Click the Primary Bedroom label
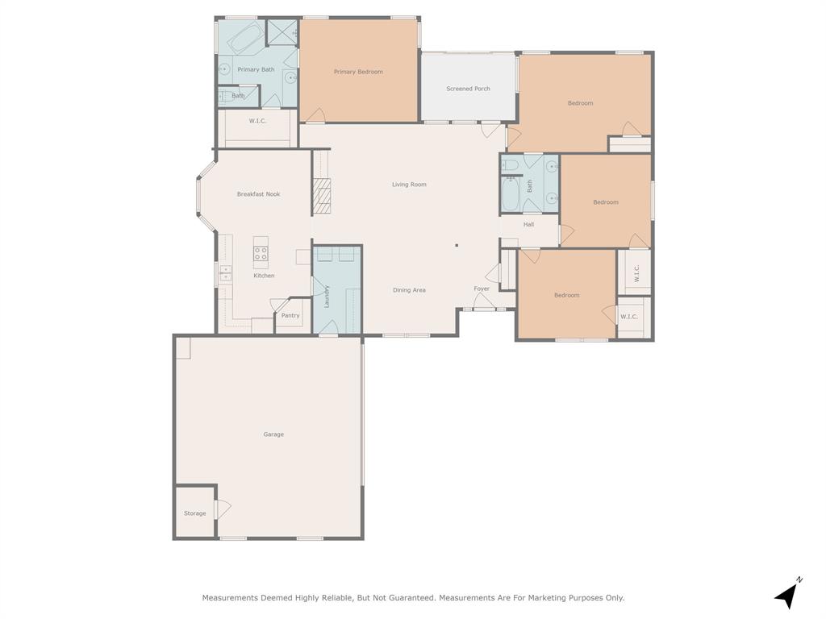tap(358, 72)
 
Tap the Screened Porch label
tap(468, 89)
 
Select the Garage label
tap(273, 434)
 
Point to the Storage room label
tap(194, 513)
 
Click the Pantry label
tap(290, 315)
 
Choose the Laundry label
tap(327, 297)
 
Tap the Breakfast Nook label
tap(258, 194)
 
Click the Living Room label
tap(409, 185)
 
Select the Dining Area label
tap(409, 290)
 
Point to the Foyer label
tap(482, 289)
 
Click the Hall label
tap(528, 225)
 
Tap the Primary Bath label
tap(256, 69)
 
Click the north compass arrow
tap(788, 594)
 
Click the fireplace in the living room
tap(322, 197)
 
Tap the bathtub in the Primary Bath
tap(240, 37)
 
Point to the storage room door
tap(222, 509)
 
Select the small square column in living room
tap(457, 246)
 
